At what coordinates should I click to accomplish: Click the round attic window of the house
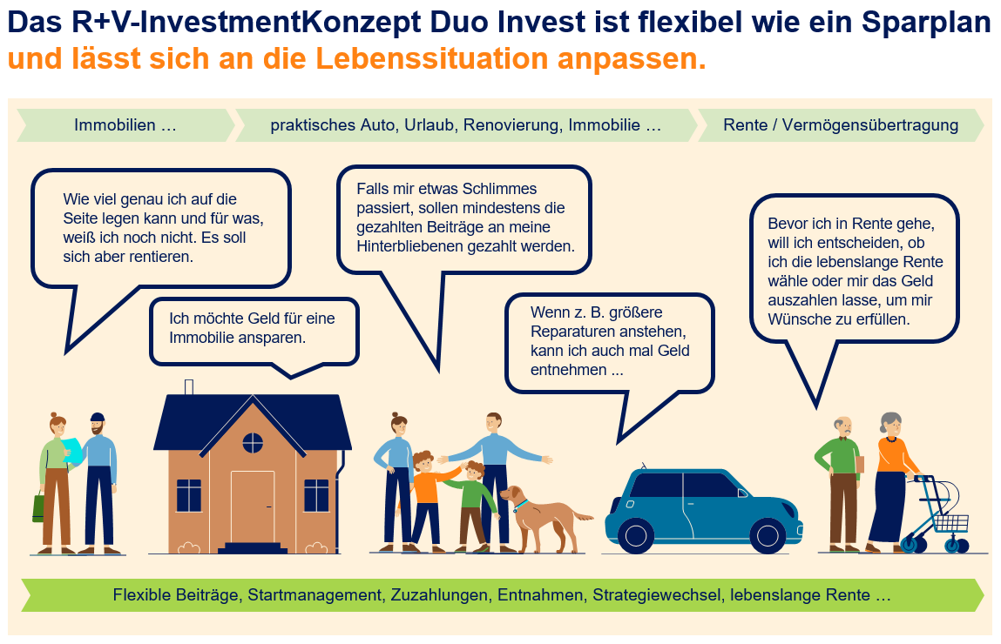(x=253, y=442)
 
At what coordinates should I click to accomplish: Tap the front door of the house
(x=253, y=506)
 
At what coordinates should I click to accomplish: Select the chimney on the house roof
(x=189, y=387)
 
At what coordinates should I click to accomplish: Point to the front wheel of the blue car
(x=768, y=534)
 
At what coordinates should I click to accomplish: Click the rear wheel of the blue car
(x=636, y=534)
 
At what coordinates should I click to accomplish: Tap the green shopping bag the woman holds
(x=39, y=507)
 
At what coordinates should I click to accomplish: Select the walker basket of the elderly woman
(x=950, y=523)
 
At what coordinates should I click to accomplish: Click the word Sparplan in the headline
(x=926, y=23)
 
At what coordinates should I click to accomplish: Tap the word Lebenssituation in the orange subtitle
(x=431, y=58)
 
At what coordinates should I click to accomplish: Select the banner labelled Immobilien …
(x=125, y=125)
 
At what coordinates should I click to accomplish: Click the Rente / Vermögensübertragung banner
(x=841, y=125)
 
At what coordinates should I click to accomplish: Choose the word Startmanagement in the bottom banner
(x=315, y=595)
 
